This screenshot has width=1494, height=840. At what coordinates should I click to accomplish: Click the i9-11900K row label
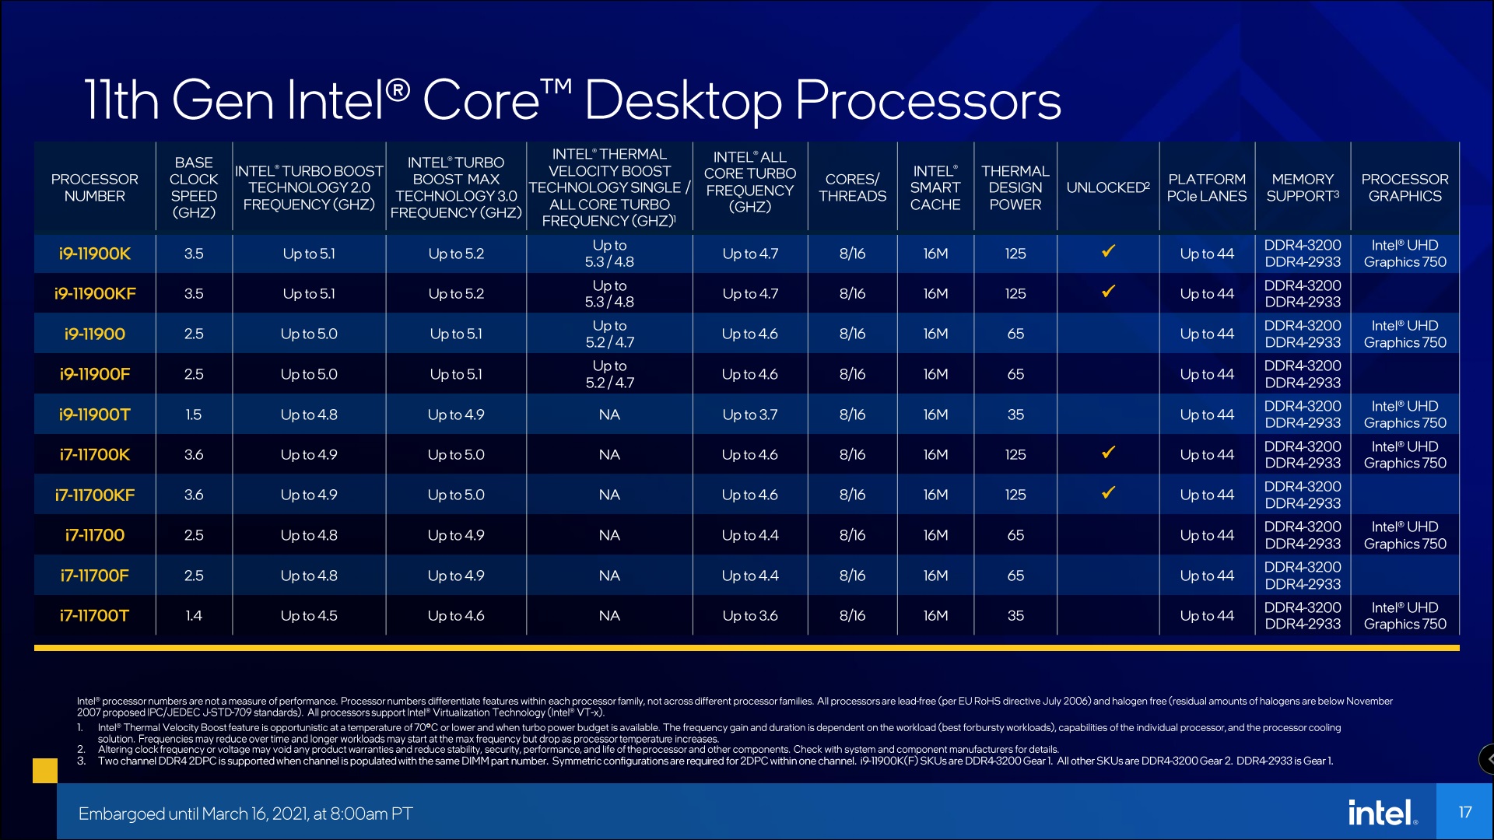[94, 254]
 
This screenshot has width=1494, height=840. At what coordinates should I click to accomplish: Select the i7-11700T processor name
[94, 616]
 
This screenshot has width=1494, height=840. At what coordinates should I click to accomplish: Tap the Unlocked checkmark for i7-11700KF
[1108, 492]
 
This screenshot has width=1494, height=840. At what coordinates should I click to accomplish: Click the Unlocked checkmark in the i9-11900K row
[1108, 251]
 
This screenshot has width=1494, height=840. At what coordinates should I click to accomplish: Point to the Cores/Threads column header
[852, 187]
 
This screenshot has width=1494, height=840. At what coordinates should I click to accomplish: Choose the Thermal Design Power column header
[1015, 187]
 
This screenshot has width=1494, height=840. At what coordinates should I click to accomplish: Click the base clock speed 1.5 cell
[193, 415]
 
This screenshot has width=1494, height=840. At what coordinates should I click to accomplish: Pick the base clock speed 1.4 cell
[193, 616]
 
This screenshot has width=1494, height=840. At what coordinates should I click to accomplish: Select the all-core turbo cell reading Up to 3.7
[749, 415]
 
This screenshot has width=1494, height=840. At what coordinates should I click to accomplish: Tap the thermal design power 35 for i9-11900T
[1015, 415]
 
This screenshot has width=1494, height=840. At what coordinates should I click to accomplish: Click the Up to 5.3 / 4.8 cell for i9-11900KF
[609, 294]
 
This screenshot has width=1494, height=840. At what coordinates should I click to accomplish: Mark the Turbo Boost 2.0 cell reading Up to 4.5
[309, 616]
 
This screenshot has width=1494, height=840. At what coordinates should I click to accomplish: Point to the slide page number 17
[1464, 813]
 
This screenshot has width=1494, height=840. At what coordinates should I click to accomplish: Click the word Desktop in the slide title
[682, 101]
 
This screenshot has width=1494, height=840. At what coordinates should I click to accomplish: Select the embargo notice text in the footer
[245, 814]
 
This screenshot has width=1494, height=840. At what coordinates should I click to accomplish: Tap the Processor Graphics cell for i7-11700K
[1405, 455]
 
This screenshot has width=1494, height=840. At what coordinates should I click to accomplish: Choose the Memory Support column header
[1302, 187]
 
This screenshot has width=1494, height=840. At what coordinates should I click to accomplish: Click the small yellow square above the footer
[45, 770]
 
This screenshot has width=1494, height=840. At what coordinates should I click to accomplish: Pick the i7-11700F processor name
[94, 576]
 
